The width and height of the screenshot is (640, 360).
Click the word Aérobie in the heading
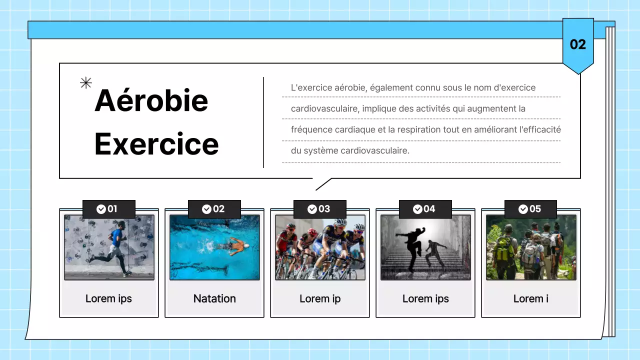tap(151, 100)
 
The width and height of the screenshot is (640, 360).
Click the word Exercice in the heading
tap(156, 144)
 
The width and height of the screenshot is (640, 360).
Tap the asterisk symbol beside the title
tap(86, 83)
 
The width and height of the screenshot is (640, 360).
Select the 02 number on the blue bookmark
tap(577, 44)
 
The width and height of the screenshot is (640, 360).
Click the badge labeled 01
tap(108, 209)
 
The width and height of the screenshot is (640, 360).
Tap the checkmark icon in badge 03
tap(312, 209)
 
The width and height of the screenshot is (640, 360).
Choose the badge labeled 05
tap(530, 209)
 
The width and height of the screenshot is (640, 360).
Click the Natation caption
tap(214, 298)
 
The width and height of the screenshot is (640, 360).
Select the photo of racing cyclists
tap(320, 247)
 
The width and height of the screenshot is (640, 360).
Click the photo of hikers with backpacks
tap(531, 247)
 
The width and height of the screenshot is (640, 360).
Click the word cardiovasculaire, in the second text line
tap(325, 108)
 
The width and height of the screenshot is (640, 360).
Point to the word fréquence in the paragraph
tap(309, 129)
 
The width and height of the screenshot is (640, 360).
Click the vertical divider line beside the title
tap(263, 122)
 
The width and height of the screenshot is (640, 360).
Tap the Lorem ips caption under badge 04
tap(425, 298)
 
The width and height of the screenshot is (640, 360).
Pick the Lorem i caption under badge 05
tap(530, 298)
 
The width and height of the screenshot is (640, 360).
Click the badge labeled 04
tap(425, 209)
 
